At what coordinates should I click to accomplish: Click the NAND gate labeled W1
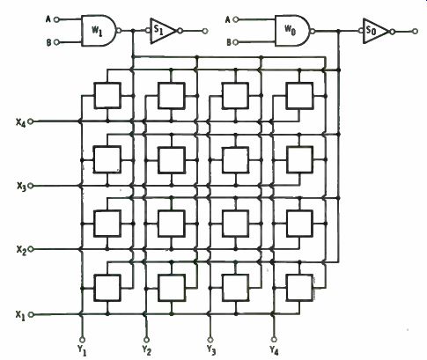click(99, 31)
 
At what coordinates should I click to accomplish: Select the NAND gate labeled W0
click(293, 31)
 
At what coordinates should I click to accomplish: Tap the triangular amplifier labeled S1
click(163, 31)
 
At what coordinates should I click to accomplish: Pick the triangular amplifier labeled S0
click(376, 31)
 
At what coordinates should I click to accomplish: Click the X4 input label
click(20, 121)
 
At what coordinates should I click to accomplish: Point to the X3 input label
click(21, 186)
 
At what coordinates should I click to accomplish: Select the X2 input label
click(21, 250)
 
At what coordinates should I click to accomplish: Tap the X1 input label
click(20, 315)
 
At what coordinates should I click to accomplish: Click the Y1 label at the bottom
click(82, 350)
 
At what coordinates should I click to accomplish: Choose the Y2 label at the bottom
click(146, 350)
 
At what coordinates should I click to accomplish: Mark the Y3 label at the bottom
click(211, 350)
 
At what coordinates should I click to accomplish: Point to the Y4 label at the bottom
click(274, 350)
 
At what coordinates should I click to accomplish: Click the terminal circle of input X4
click(30, 121)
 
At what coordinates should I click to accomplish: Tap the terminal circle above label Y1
click(82, 340)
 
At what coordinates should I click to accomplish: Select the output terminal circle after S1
click(205, 31)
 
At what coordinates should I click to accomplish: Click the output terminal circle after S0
click(415, 31)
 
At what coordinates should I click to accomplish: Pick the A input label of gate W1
click(48, 19)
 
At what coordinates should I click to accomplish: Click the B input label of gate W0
click(229, 42)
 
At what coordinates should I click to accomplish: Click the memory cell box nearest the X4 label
click(107, 96)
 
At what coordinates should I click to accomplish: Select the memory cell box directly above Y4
click(300, 288)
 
